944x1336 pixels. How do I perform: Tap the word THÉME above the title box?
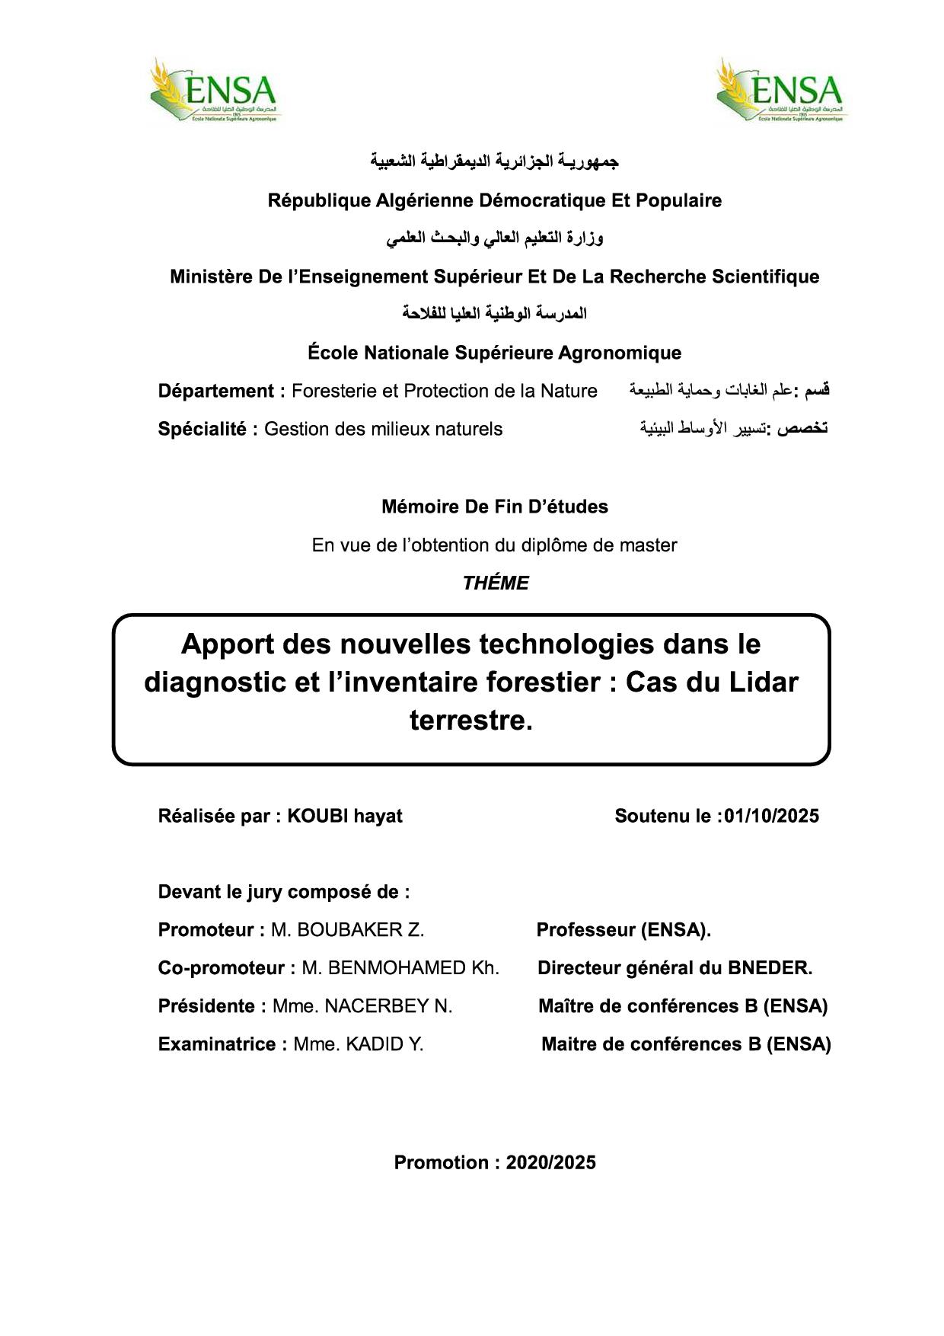point(496,583)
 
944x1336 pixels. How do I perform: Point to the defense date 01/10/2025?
point(771,817)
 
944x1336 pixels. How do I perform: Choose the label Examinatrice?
point(217,1044)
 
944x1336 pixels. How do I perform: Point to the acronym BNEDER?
point(769,968)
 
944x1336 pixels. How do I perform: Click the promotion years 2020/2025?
point(551,1162)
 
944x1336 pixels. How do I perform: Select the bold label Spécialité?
point(202,430)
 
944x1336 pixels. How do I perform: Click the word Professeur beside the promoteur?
point(585,930)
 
